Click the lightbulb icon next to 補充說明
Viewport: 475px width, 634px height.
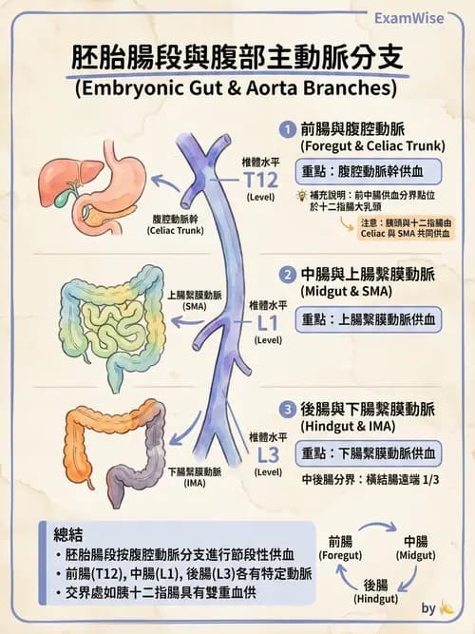point(301,195)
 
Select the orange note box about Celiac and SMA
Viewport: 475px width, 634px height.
point(400,228)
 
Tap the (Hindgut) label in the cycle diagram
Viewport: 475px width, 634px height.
point(375,600)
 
